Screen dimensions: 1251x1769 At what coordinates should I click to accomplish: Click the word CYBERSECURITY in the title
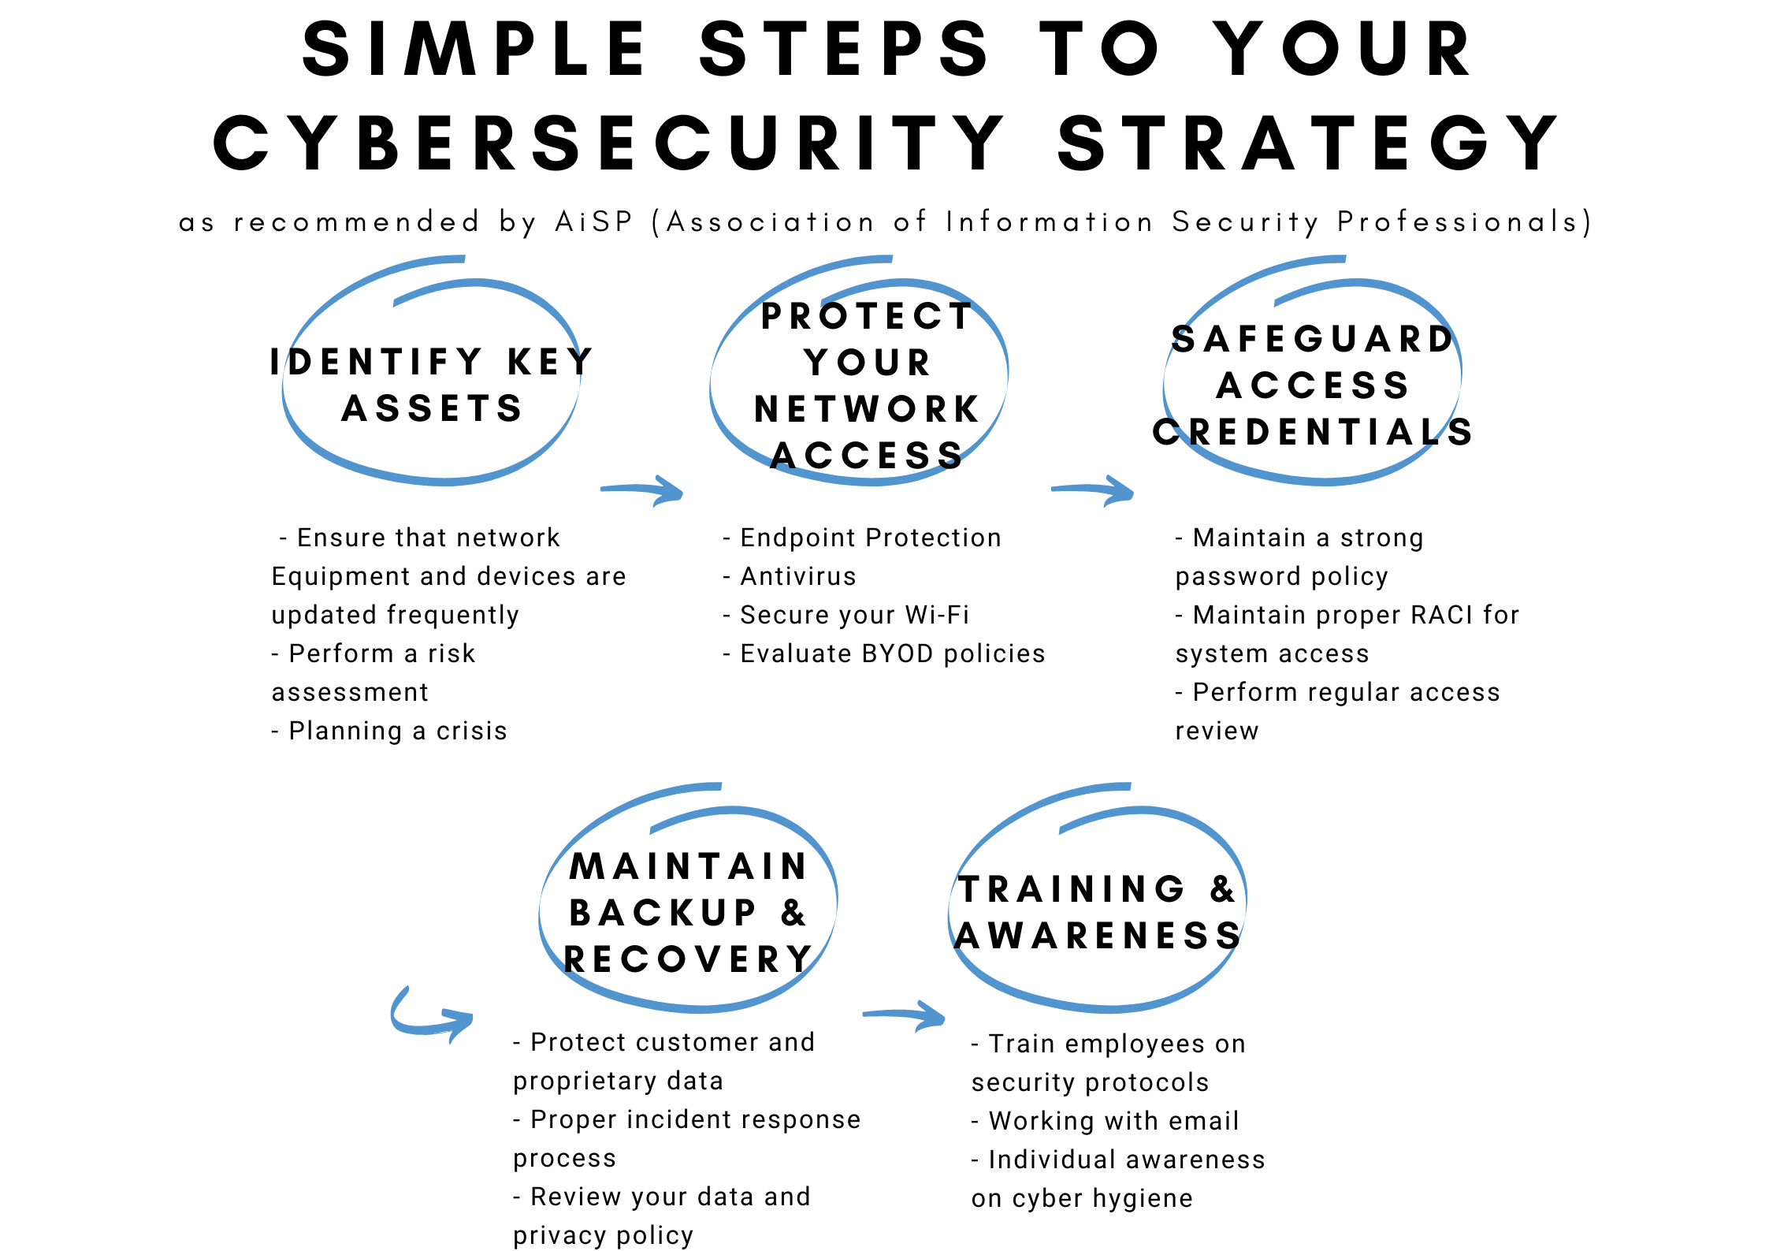pyautogui.click(x=608, y=143)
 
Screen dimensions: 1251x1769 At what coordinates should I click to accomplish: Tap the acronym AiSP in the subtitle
pyautogui.click(x=594, y=222)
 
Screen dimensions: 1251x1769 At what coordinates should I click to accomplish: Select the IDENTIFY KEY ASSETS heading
pyautogui.click(x=432, y=385)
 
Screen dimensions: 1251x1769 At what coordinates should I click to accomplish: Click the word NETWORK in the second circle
pyautogui.click(x=867, y=409)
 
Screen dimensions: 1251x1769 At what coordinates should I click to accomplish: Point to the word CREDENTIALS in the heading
pyautogui.click(x=1313, y=432)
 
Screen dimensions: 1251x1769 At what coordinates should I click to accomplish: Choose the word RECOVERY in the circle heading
pyautogui.click(x=688, y=959)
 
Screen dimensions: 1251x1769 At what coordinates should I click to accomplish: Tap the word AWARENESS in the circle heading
pyautogui.click(x=1098, y=936)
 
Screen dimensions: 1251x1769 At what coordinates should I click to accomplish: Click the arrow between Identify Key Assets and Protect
pyautogui.click(x=643, y=490)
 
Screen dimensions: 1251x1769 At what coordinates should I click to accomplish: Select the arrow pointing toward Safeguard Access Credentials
pyautogui.click(x=1094, y=490)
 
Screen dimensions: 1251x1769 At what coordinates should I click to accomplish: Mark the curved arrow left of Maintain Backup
pyautogui.click(x=430, y=1016)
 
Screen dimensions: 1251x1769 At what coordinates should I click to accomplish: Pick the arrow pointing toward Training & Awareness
pyautogui.click(x=905, y=1015)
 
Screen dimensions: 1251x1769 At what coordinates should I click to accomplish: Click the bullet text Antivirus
pyautogui.click(x=797, y=576)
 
